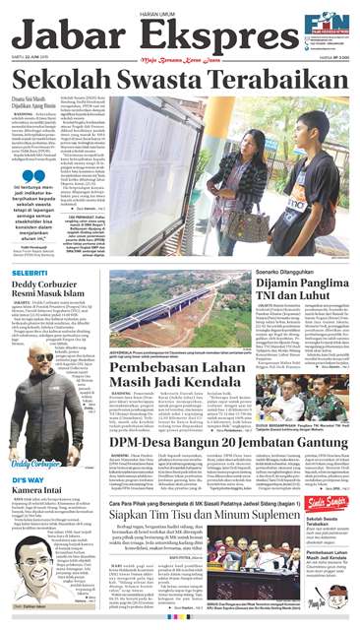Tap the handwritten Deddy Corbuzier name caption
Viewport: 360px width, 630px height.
coord(35,463)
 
